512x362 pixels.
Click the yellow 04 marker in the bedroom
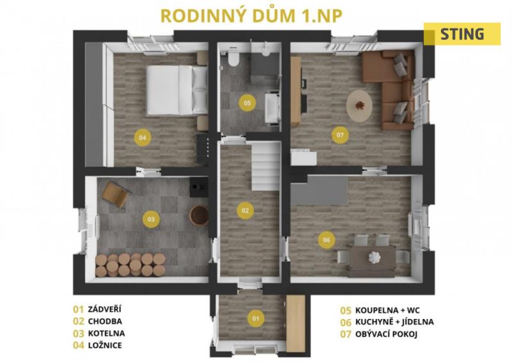pos(143,138)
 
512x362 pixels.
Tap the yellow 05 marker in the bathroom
pos(247,103)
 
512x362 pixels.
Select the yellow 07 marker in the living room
pos(340,135)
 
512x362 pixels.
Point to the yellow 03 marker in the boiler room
pos(151,219)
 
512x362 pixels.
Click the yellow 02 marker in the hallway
pos(245,211)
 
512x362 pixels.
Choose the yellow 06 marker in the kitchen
pos(326,240)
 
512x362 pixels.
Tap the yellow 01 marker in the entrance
pos(256,318)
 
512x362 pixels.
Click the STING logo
pos(462,34)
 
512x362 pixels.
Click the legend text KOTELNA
pos(106,334)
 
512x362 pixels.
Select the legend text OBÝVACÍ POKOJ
pos(387,334)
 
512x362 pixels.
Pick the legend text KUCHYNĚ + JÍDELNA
pos(394,322)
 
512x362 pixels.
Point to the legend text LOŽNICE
pos(105,345)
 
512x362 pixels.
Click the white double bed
pos(177,90)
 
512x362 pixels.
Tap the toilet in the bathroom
pos(234,59)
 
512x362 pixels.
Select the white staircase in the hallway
pos(266,166)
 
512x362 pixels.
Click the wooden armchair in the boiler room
pos(116,194)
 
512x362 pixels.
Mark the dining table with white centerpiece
pos(372,258)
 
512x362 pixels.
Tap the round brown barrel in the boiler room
pos(199,215)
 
